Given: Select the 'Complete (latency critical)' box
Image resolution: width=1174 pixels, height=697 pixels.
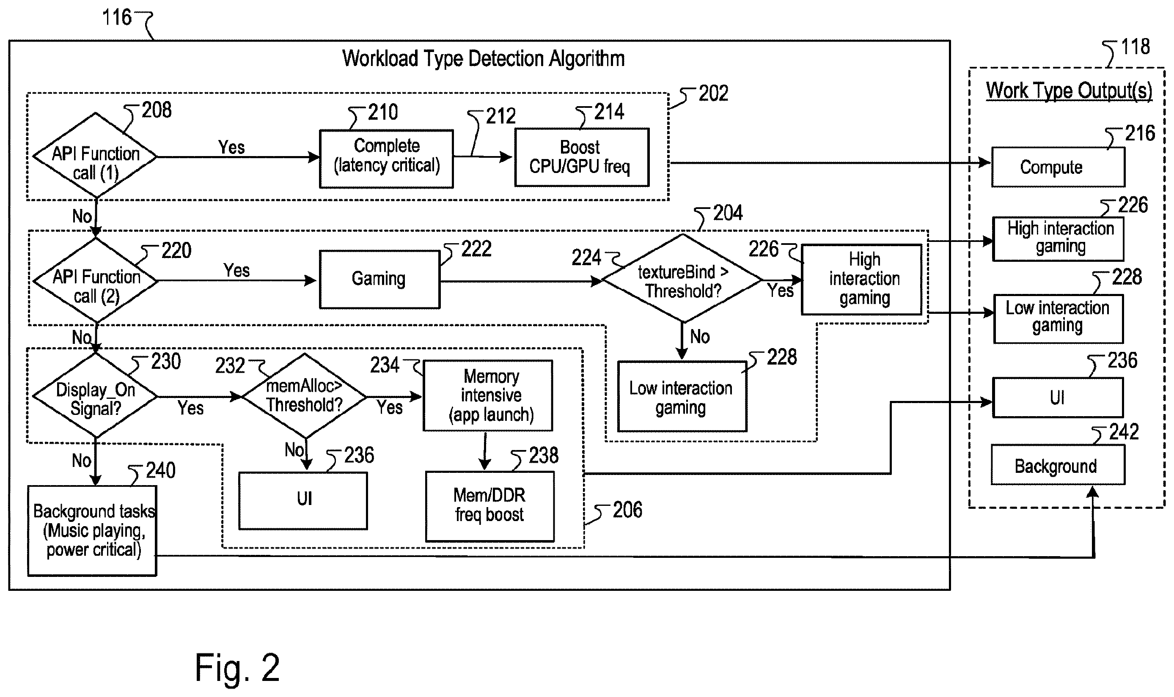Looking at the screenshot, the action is tap(386, 159).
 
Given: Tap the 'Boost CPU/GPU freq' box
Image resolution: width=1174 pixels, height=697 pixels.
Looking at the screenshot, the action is tap(582, 157).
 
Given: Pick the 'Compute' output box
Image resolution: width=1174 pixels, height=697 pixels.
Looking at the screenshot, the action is tap(1058, 167).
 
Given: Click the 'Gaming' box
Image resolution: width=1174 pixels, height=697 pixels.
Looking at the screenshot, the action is tap(379, 280).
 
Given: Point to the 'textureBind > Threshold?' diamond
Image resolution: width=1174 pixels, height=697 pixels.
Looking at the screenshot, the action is tap(682, 279).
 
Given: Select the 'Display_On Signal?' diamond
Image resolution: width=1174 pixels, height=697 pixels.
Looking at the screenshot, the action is tap(95, 396).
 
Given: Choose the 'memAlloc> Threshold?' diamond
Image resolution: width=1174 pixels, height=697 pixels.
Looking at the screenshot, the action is tap(305, 396).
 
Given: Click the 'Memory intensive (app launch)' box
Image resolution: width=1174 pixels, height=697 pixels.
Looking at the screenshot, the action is tap(488, 395).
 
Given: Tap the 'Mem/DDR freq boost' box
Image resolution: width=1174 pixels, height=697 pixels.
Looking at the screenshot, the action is tap(489, 506).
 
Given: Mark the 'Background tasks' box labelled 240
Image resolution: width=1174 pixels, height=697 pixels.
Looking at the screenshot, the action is tap(92, 531).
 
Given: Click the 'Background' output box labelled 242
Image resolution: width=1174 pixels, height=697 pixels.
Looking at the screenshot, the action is tap(1058, 464).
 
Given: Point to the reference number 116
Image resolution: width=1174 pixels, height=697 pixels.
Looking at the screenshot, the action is tap(117, 17).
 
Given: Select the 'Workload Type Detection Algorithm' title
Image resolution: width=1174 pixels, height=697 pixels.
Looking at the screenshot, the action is tap(484, 59).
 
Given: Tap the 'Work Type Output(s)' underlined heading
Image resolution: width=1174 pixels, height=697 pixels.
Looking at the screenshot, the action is tap(1069, 91).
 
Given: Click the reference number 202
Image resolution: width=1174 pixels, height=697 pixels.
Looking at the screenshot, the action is tap(713, 93).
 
